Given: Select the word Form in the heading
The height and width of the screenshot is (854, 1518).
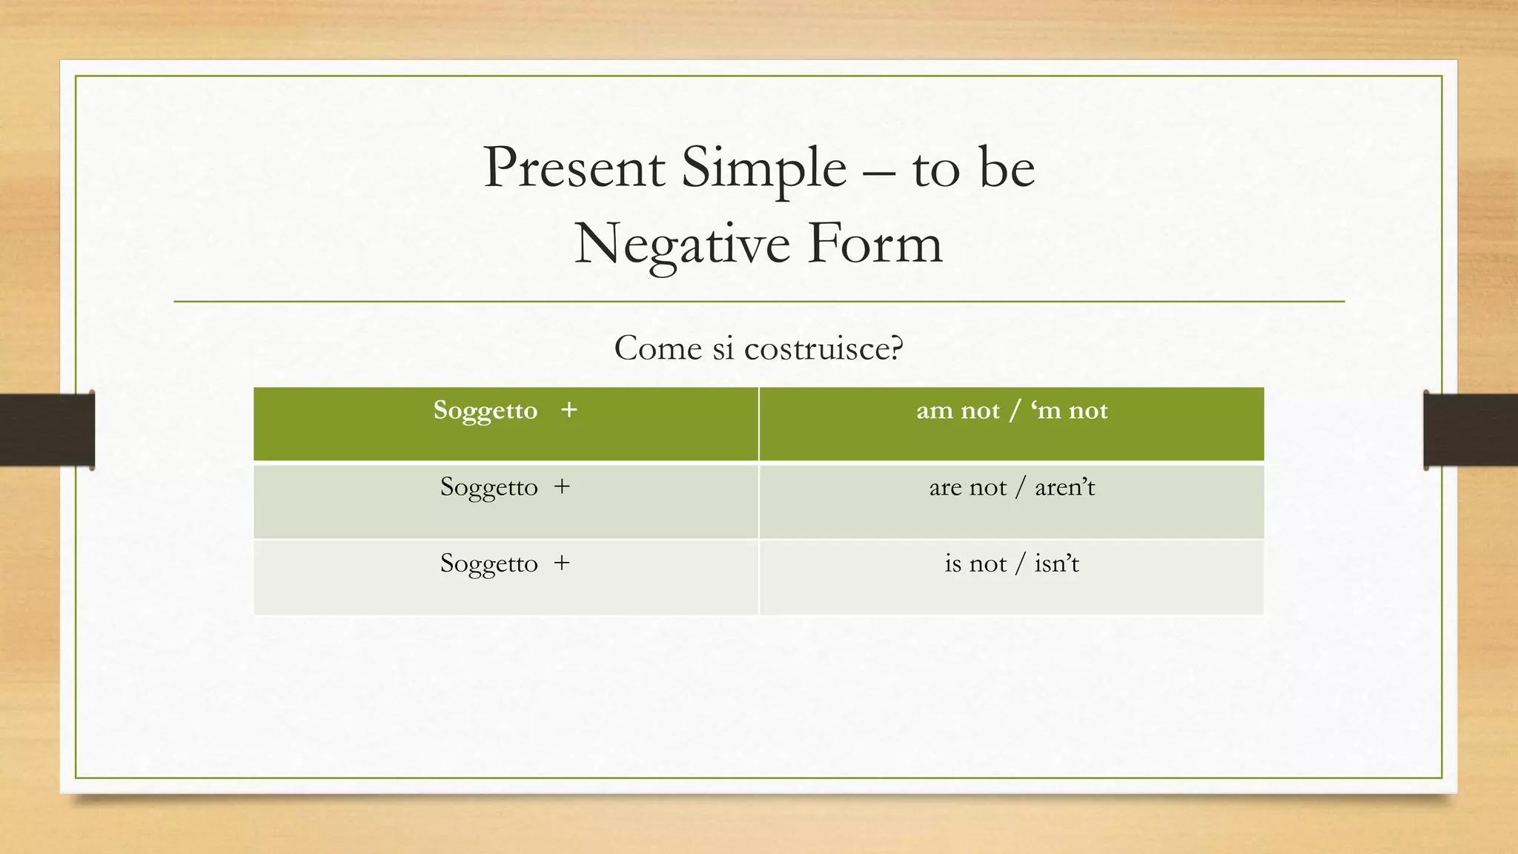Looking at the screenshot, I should tap(875, 244).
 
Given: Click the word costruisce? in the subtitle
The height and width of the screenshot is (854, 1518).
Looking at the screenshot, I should tap(823, 348).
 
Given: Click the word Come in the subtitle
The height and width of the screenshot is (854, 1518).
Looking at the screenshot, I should tap(657, 348).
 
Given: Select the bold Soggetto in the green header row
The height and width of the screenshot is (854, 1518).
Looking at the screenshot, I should tap(485, 411).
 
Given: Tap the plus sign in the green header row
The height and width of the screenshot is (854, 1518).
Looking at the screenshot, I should tap(569, 410).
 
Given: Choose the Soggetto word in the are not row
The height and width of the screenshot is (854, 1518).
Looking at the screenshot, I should tap(488, 488).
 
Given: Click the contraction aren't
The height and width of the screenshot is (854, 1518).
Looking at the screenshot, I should tap(1064, 488).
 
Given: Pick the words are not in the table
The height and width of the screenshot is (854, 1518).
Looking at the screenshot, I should tap(967, 488).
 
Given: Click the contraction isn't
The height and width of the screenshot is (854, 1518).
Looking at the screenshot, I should tap(1056, 564).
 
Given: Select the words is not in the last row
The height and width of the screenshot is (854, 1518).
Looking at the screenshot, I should tap(975, 564).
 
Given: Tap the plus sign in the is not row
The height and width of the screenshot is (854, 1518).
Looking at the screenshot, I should tap(562, 563).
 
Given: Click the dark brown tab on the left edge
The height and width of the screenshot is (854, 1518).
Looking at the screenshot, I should tap(47, 430).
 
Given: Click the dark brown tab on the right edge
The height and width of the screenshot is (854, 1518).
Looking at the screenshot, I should tap(1471, 430).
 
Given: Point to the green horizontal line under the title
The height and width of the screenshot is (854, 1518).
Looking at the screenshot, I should tap(759, 302).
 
